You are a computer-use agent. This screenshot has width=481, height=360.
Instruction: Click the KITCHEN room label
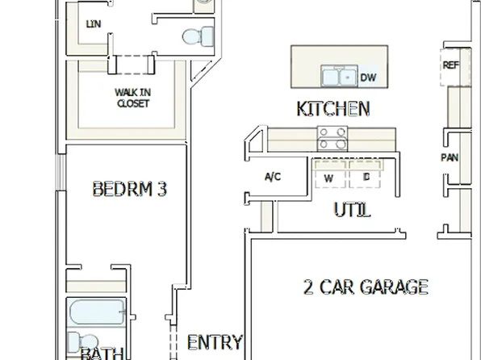point(333,109)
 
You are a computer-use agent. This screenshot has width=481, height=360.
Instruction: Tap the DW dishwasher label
point(368,77)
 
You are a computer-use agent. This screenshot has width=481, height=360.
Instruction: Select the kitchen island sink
point(339,77)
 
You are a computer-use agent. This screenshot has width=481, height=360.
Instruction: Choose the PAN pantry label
point(450,157)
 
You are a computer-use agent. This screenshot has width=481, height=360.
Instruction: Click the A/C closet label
point(273,177)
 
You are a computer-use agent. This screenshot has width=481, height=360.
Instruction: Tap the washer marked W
point(329,176)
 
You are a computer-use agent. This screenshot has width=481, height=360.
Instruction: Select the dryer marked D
point(366,176)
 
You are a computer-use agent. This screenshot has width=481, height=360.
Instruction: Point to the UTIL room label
point(353,211)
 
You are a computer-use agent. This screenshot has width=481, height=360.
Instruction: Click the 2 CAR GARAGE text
point(366,287)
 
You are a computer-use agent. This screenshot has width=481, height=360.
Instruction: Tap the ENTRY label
point(214,342)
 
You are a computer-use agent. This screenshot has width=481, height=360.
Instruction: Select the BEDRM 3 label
point(129,190)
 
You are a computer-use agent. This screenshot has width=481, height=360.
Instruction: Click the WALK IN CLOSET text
point(132,98)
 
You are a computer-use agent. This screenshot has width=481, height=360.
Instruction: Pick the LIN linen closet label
point(93,23)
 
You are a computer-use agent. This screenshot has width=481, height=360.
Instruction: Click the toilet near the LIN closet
point(198,36)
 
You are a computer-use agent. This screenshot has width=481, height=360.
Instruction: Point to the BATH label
point(102,354)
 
